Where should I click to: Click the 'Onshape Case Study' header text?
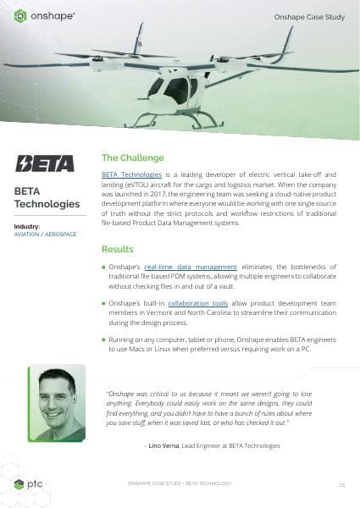point(311,16)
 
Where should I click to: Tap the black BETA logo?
point(45,163)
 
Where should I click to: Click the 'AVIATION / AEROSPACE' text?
point(43,235)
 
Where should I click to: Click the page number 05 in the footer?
point(341,484)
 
